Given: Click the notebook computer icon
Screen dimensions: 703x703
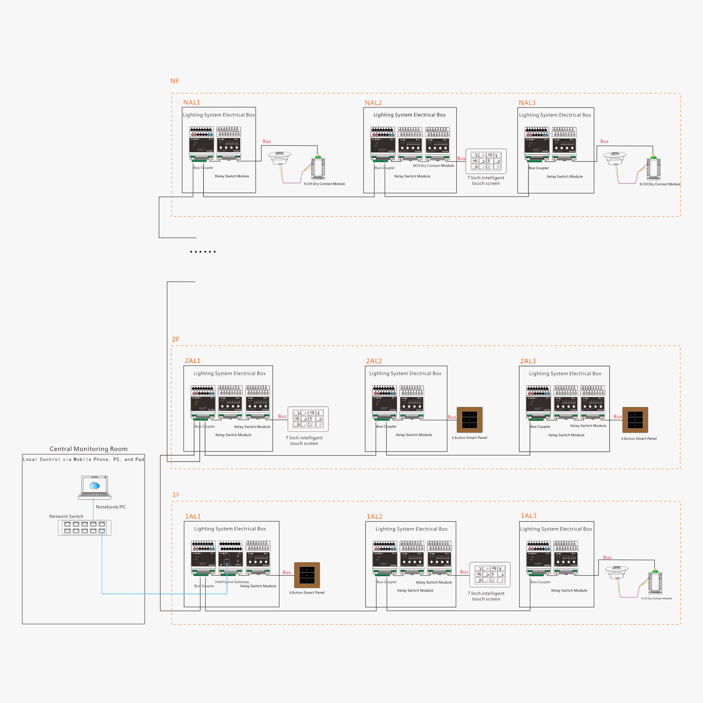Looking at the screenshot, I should click(95, 488).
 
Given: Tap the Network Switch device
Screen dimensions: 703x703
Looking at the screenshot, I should click(84, 528).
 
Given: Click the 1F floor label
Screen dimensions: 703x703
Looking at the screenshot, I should click(176, 495).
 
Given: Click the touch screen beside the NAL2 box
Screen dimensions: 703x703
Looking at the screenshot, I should click(486, 161).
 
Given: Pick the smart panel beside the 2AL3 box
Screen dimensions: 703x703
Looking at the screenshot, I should click(635, 420).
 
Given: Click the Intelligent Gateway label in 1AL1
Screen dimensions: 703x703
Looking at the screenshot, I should click(232, 582).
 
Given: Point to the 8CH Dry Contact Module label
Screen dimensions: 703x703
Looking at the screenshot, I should click(433, 166).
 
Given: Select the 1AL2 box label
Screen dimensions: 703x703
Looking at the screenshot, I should click(374, 517).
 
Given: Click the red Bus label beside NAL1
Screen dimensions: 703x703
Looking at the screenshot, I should click(267, 141).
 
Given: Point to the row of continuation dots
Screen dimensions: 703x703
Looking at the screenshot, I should click(203, 252).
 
